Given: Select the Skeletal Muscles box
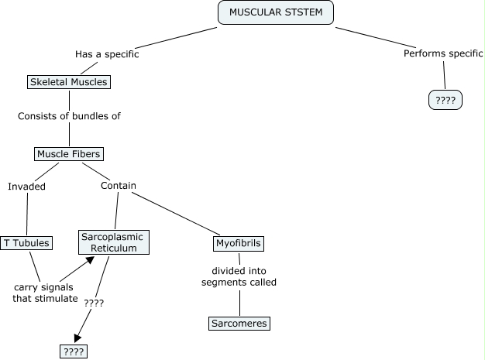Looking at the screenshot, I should pos(68,81).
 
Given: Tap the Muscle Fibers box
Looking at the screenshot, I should pos(70,154).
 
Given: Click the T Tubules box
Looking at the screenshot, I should pos(27,243).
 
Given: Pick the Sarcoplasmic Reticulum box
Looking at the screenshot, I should pos(114,242).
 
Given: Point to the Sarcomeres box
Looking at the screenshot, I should pos(239,324).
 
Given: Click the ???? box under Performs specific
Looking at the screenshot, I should pos(445,100).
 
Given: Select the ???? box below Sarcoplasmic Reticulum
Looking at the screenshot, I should pos(74,351).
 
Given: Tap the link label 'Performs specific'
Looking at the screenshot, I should pos(443,54).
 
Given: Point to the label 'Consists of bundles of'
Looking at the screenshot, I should pos(70,116).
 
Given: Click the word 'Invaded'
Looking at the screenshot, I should pos(27,186).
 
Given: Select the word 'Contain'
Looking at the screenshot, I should pos(119,186).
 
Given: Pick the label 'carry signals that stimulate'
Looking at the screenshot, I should pos(46,293).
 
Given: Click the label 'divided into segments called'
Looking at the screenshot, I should pos(239,276).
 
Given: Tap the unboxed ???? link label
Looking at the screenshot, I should pos(94,303).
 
